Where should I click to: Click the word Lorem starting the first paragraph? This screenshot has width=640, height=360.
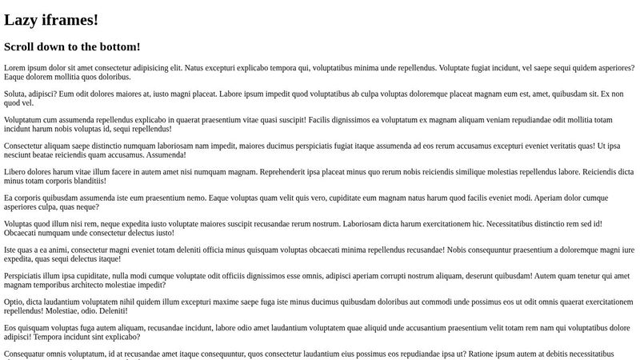[x=15, y=68]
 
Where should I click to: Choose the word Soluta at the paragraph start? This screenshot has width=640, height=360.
[x=16, y=94]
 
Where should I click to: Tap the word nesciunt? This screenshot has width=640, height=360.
[x=20, y=155]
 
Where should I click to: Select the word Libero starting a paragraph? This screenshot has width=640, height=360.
[x=16, y=171]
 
